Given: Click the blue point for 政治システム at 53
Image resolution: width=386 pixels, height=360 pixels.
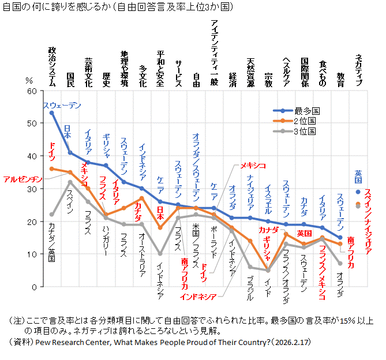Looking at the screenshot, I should (x=52, y=113).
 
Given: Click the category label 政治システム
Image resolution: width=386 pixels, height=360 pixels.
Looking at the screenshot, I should (x=52, y=66).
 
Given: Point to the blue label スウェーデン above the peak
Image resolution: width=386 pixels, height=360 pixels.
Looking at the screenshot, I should (x=62, y=105).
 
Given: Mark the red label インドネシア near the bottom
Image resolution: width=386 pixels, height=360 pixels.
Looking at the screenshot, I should (x=198, y=297).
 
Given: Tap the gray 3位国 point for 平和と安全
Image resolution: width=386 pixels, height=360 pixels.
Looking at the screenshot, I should (x=160, y=254).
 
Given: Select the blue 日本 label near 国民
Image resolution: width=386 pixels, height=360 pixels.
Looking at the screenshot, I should (x=67, y=132).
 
